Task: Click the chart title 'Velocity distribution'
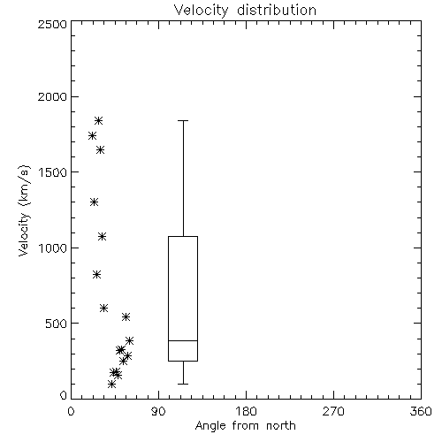pyautogui.click(x=245, y=11)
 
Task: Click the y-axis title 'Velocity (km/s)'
pyautogui.click(x=24, y=210)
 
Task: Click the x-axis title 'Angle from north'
pyautogui.click(x=245, y=426)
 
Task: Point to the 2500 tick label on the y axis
pyautogui.click(x=52, y=24)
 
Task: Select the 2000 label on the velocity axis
pyautogui.click(x=52, y=96)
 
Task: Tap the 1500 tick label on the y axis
pyautogui.click(x=53, y=172)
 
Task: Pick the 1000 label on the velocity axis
pyautogui.click(x=53, y=248)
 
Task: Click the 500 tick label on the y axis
pyautogui.click(x=57, y=324)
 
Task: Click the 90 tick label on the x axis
pyautogui.click(x=158, y=412)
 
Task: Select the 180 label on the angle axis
pyautogui.click(x=246, y=412)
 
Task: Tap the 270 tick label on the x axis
pyautogui.click(x=333, y=412)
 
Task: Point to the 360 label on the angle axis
pyautogui.click(x=421, y=412)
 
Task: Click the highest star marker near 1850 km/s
pyautogui.click(x=98, y=120)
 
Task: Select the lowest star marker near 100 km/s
pyautogui.click(x=111, y=384)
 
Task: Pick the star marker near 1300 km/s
pyautogui.click(x=94, y=202)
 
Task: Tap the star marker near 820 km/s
pyautogui.click(x=96, y=275)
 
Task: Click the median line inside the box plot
pyautogui.click(x=183, y=340)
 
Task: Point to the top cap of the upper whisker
pyautogui.click(x=183, y=120)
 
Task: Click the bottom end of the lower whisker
pyautogui.click(x=183, y=384)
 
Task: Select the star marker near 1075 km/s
pyautogui.click(x=102, y=236)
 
